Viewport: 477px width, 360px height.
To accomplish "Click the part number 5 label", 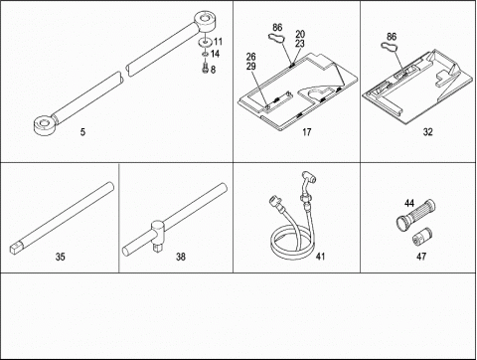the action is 82,132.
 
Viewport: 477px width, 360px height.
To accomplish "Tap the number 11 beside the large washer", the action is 218,42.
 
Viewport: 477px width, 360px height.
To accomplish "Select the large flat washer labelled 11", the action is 204,43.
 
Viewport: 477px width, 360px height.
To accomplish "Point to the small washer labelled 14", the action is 205,54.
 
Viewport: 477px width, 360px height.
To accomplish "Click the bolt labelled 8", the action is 205,67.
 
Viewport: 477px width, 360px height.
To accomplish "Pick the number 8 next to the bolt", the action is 213,70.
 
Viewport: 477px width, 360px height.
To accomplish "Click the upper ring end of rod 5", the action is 206,22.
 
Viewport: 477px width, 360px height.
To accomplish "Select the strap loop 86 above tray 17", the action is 276,38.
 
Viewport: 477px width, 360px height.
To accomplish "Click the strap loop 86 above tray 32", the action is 390,48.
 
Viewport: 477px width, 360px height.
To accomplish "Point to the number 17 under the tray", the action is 307,132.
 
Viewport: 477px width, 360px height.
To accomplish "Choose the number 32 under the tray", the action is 427,132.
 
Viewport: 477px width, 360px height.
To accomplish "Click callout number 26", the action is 251,57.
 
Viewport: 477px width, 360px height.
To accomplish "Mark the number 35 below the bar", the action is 60,257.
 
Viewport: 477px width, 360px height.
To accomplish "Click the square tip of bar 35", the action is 16,249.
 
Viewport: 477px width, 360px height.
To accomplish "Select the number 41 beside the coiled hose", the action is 320,256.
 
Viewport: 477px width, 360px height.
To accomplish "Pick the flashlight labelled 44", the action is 415,216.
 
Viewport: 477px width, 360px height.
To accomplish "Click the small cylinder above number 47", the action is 422,237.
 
